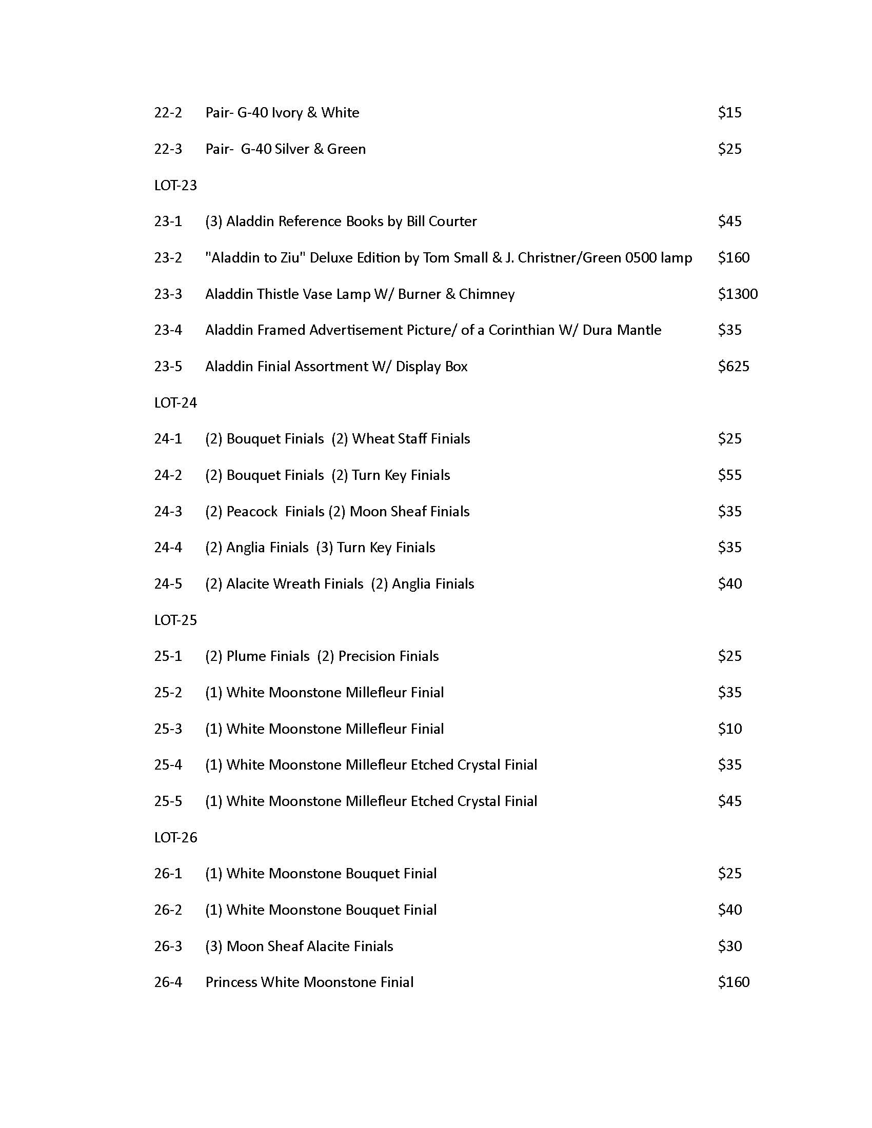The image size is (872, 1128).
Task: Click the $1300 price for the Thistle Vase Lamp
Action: pyautogui.click(x=737, y=294)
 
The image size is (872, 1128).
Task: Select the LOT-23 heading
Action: pyautogui.click(x=175, y=185)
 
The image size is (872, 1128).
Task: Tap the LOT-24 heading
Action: pyautogui.click(x=175, y=402)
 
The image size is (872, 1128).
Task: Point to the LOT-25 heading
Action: pyautogui.click(x=175, y=620)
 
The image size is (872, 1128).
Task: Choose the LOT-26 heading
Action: pyautogui.click(x=175, y=837)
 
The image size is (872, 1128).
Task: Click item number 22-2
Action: pyautogui.click(x=168, y=113)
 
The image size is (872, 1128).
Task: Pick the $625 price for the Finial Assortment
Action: pyautogui.click(x=733, y=366)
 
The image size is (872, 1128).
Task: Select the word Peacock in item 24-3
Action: pyautogui.click(x=252, y=511)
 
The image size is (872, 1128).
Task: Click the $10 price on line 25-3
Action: pyautogui.click(x=729, y=729)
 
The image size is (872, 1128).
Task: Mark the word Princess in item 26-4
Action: pyautogui.click(x=231, y=982)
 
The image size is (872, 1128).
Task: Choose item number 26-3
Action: pyautogui.click(x=168, y=945)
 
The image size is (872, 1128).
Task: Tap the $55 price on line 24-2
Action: pyautogui.click(x=729, y=475)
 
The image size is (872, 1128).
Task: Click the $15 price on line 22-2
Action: pyautogui.click(x=729, y=113)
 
